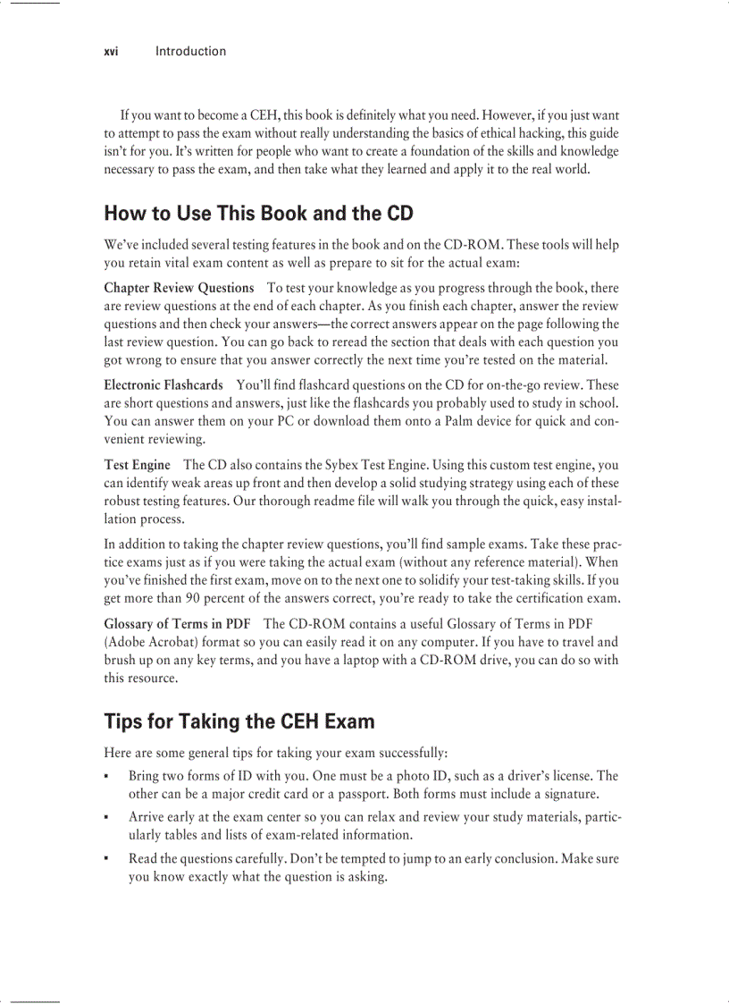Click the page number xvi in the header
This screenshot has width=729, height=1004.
111,51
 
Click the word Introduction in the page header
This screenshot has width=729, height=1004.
190,51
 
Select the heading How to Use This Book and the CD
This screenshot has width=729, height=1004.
258,213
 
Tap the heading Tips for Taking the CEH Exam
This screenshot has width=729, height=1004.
239,721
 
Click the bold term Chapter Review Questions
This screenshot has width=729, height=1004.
179,288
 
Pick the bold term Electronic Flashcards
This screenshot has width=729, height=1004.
163,385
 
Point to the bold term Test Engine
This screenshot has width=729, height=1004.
137,465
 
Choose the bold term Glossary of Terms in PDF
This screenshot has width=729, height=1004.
177,624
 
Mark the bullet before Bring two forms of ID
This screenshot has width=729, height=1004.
106,777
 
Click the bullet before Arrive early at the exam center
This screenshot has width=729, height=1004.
106,818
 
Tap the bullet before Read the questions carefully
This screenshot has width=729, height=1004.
106,859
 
